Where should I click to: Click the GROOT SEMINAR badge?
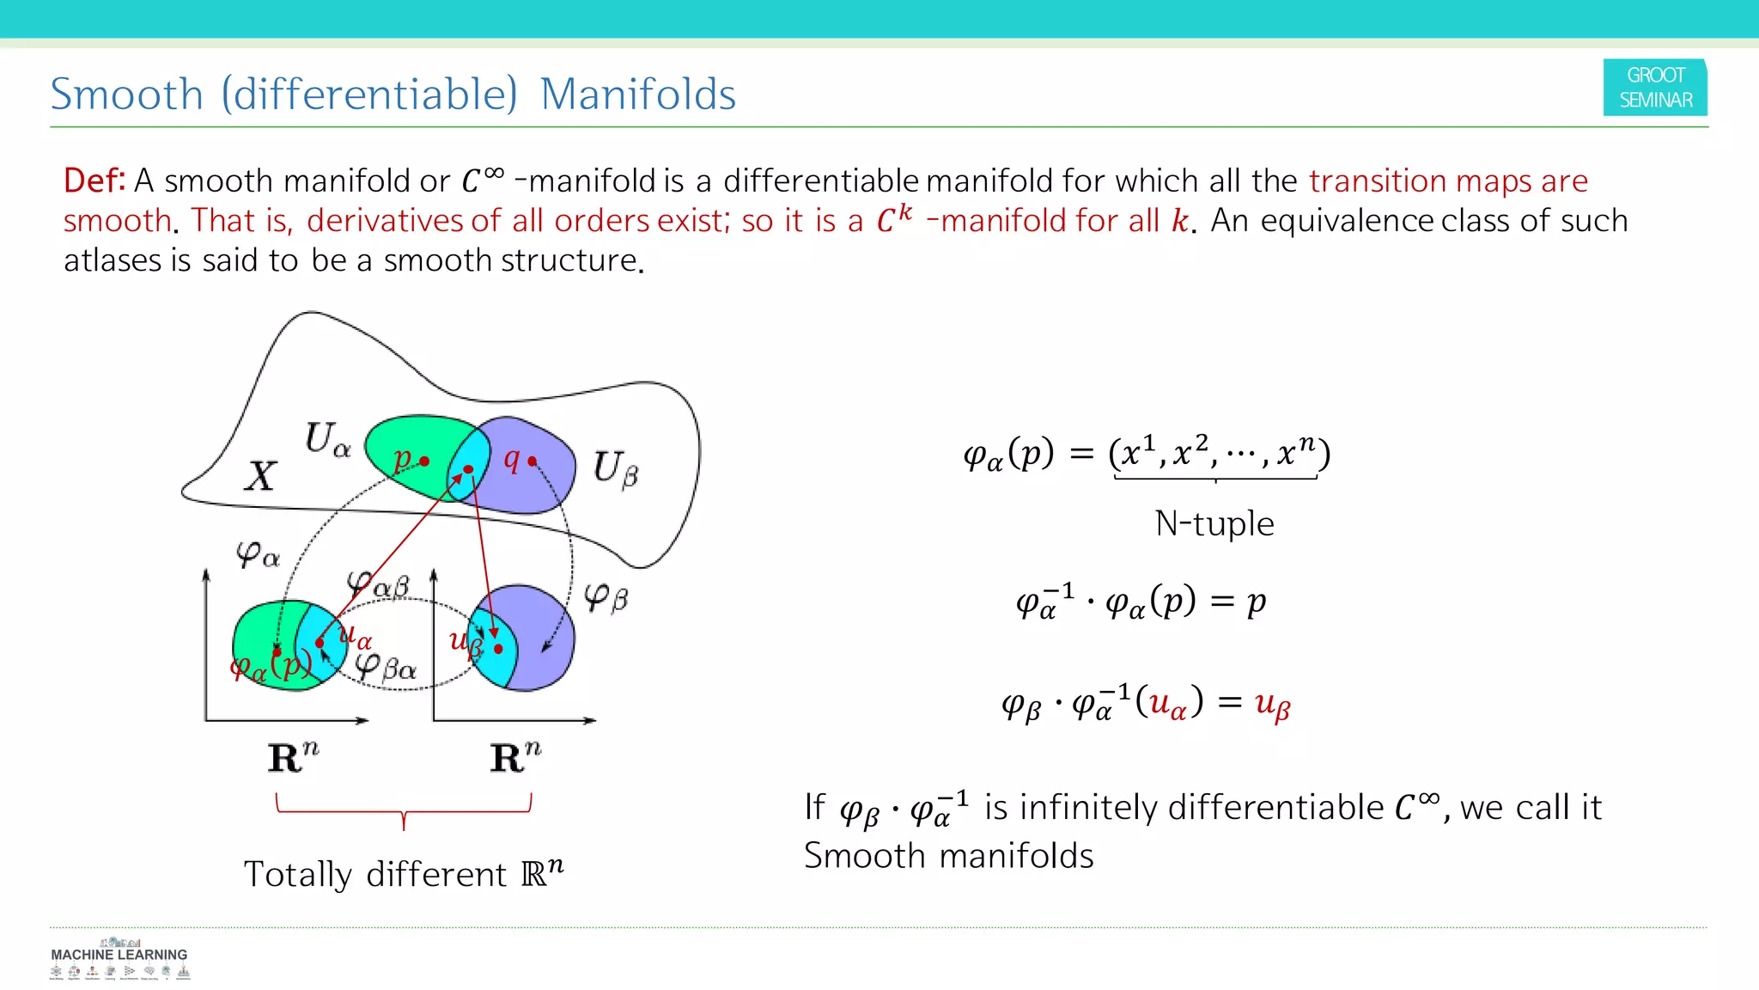point(1655,88)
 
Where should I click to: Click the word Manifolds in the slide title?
point(637,94)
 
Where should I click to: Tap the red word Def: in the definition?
point(94,180)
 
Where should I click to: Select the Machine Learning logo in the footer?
point(119,959)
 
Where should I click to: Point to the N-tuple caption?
point(1214,523)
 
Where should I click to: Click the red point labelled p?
point(424,461)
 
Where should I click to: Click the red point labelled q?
point(532,461)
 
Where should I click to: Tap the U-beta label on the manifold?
point(616,468)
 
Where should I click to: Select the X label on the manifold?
point(260,476)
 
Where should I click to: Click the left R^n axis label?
point(293,757)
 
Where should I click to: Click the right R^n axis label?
point(515,757)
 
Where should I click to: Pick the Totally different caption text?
point(403,874)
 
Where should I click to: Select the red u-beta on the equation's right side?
point(1272,705)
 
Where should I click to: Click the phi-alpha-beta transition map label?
point(378,585)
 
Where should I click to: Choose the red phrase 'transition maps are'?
point(1448,181)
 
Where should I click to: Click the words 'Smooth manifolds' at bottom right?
point(949,856)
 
